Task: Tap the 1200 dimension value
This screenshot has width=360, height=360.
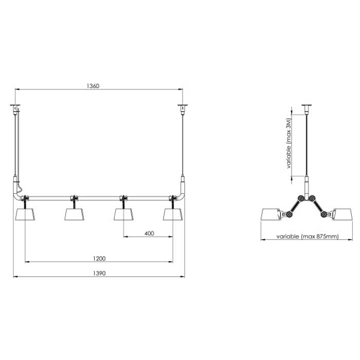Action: coord(100,258)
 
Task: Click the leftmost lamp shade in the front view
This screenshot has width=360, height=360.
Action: coord(25,214)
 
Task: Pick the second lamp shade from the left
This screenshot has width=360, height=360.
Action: coord(74,214)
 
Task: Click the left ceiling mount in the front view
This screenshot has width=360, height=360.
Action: coord(16,107)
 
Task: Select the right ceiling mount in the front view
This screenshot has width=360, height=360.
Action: coord(182,107)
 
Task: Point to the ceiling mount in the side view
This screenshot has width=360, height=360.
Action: coord(307,107)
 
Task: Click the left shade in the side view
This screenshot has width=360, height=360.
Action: coord(272,216)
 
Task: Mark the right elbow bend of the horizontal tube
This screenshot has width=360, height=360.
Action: coord(180,195)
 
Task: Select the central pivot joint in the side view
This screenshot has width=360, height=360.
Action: coord(307,198)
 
